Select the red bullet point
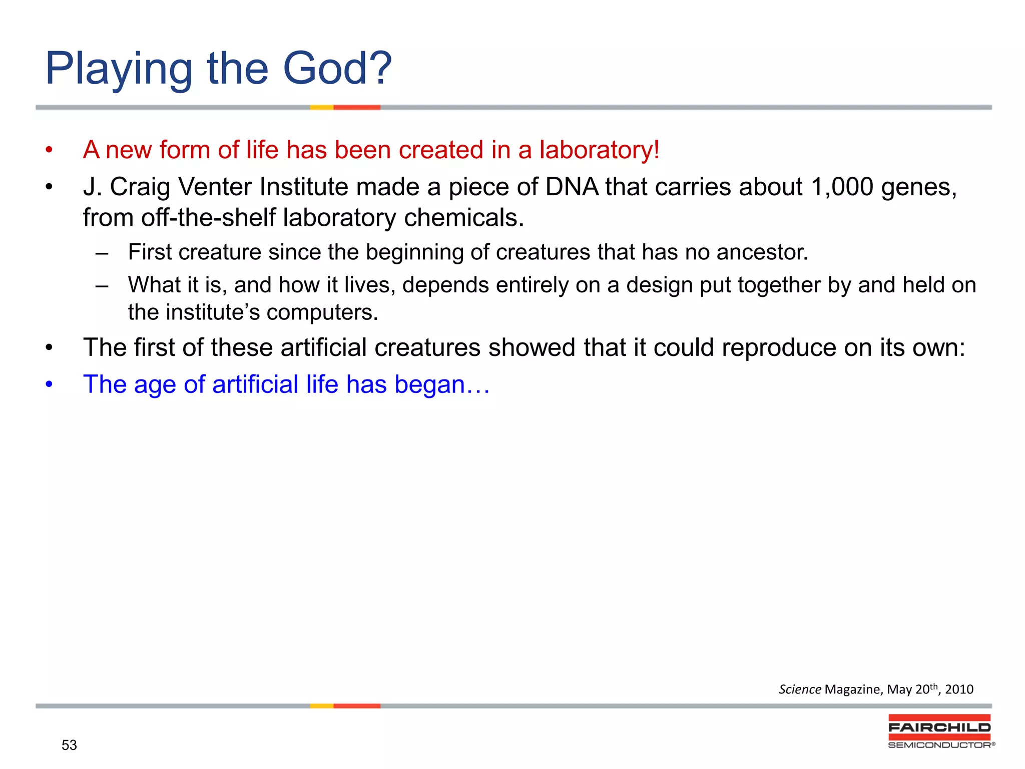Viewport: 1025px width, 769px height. tap(49, 150)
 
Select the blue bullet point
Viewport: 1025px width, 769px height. tap(49, 384)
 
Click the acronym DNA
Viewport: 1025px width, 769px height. tap(572, 187)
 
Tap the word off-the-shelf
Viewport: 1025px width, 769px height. tap(208, 218)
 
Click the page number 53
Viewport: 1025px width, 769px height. tap(69, 745)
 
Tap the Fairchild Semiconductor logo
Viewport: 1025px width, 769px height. tap(940, 731)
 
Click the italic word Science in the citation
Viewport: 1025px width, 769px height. tap(799, 690)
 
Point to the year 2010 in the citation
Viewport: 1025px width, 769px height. tap(959, 690)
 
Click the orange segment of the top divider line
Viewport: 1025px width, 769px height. tap(356, 107)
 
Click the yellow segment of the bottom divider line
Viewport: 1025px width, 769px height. tap(321, 706)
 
